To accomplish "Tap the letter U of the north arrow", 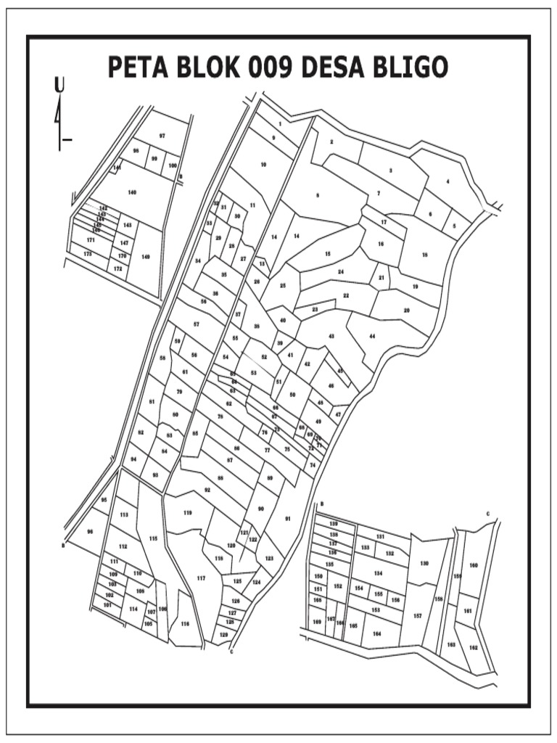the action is [x=59, y=86].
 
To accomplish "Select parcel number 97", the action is [x=162, y=136].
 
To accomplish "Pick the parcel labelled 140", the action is [x=131, y=192].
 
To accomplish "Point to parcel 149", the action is [x=146, y=256].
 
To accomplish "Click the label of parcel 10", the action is [x=263, y=165].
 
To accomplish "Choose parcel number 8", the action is [x=317, y=195].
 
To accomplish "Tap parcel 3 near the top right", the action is [x=391, y=171].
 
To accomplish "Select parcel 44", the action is [x=372, y=337].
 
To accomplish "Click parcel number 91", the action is [x=288, y=519].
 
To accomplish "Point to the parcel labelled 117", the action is [x=201, y=578].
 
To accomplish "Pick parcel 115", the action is [x=153, y=538].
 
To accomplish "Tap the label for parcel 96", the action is [x=90, y=532].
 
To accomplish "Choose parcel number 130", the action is [x=424, y=563].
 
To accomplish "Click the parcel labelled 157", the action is [x=418, y=615].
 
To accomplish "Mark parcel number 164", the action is [x=376, y=633].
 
